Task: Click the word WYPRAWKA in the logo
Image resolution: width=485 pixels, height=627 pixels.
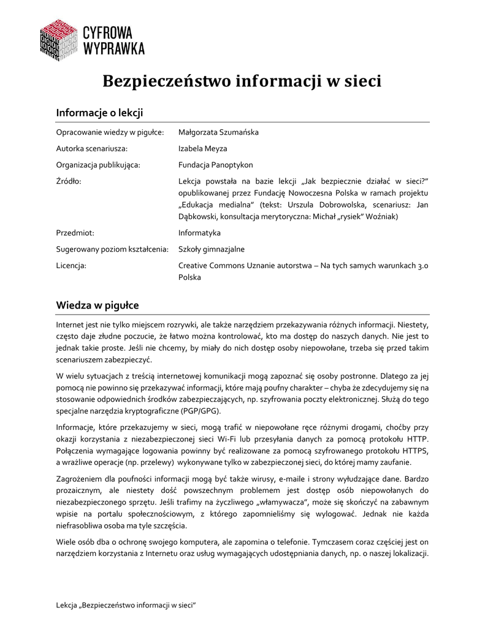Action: (113, 48)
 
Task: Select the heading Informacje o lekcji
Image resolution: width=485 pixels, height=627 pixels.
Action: (99, 113)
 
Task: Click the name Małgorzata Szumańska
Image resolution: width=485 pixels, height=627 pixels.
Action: (218, 132)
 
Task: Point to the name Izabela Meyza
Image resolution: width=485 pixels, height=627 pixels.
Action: (202, 149)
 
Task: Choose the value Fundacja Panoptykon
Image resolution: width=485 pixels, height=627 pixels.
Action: (215, 165)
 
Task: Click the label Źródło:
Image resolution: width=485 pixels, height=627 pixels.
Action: (69, 182)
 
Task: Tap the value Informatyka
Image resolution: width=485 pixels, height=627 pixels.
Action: (199, 233)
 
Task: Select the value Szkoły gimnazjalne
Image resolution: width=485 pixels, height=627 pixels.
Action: (211, 249)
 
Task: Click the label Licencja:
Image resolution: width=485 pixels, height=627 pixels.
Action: (71, 266)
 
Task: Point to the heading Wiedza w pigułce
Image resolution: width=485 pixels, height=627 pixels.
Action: (97, 305)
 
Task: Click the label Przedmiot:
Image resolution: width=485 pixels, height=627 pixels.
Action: (75, 233)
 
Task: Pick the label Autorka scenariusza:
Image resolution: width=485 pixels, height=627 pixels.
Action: (92, 149)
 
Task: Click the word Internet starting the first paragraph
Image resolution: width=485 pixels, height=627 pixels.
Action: (71, 324)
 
